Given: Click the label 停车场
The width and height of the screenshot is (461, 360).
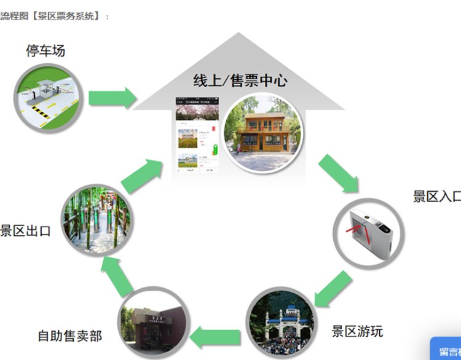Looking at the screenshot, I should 45,50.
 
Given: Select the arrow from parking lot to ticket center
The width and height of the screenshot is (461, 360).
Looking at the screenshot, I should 112,98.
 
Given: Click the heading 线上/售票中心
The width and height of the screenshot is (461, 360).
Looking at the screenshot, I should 240,80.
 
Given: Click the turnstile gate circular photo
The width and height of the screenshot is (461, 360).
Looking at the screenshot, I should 369,233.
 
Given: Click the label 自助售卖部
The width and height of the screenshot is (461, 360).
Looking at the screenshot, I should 69,336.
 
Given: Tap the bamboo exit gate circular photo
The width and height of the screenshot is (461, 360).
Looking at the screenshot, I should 97,221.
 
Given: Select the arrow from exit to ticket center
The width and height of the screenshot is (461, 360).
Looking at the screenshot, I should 142,175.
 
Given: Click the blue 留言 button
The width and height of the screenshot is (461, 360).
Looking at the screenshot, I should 447,351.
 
